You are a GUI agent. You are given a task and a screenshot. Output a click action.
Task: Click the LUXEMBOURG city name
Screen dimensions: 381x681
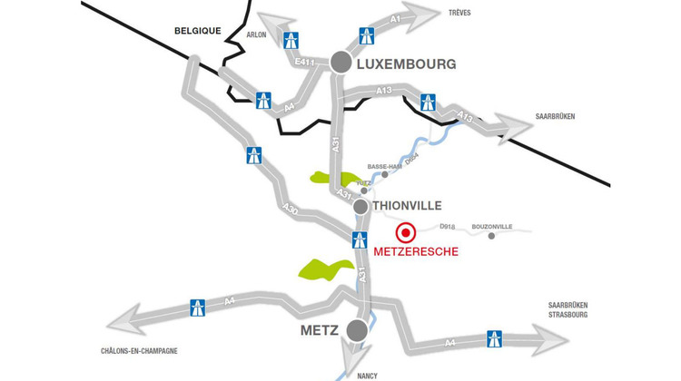[x=406, y=63]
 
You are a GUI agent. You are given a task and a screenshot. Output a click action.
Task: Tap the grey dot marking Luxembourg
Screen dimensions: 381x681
[x=341, y=62]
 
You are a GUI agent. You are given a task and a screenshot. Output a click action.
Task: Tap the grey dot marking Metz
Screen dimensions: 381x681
[x=358, y=329]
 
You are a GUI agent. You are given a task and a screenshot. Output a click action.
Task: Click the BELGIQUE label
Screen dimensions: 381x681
[x=198, y=30]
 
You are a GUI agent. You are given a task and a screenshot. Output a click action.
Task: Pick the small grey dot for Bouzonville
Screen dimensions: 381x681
[x=491, y=236]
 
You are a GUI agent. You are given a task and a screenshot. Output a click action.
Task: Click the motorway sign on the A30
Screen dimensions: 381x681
[x=254, y=154]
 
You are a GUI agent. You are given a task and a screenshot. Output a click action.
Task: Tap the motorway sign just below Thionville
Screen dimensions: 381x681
[x=360, y=240]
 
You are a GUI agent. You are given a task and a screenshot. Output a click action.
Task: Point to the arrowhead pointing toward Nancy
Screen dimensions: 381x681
[x=352, y=357]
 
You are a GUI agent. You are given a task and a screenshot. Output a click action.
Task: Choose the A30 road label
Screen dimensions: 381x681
[x=290, y=210]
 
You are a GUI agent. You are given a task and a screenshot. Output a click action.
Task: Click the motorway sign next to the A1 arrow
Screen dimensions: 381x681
[x=368, y=36]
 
